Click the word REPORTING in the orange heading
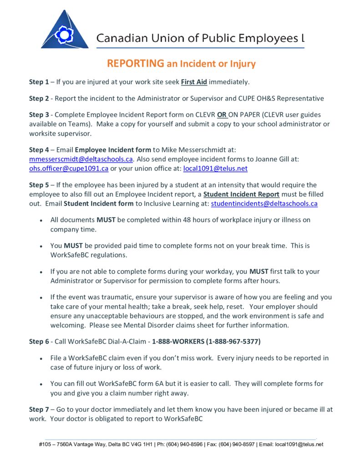(x=135, y=64)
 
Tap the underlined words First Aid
(x=194, y=82)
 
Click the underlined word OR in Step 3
(x=222, y=115)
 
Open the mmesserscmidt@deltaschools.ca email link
(x=81, y=159)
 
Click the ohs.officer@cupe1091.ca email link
(x=69, y=168)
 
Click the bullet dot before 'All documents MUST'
(x=41, y=220)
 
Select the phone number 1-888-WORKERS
(x=178, y=341)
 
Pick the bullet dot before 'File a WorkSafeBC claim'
(x=41, y=359)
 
